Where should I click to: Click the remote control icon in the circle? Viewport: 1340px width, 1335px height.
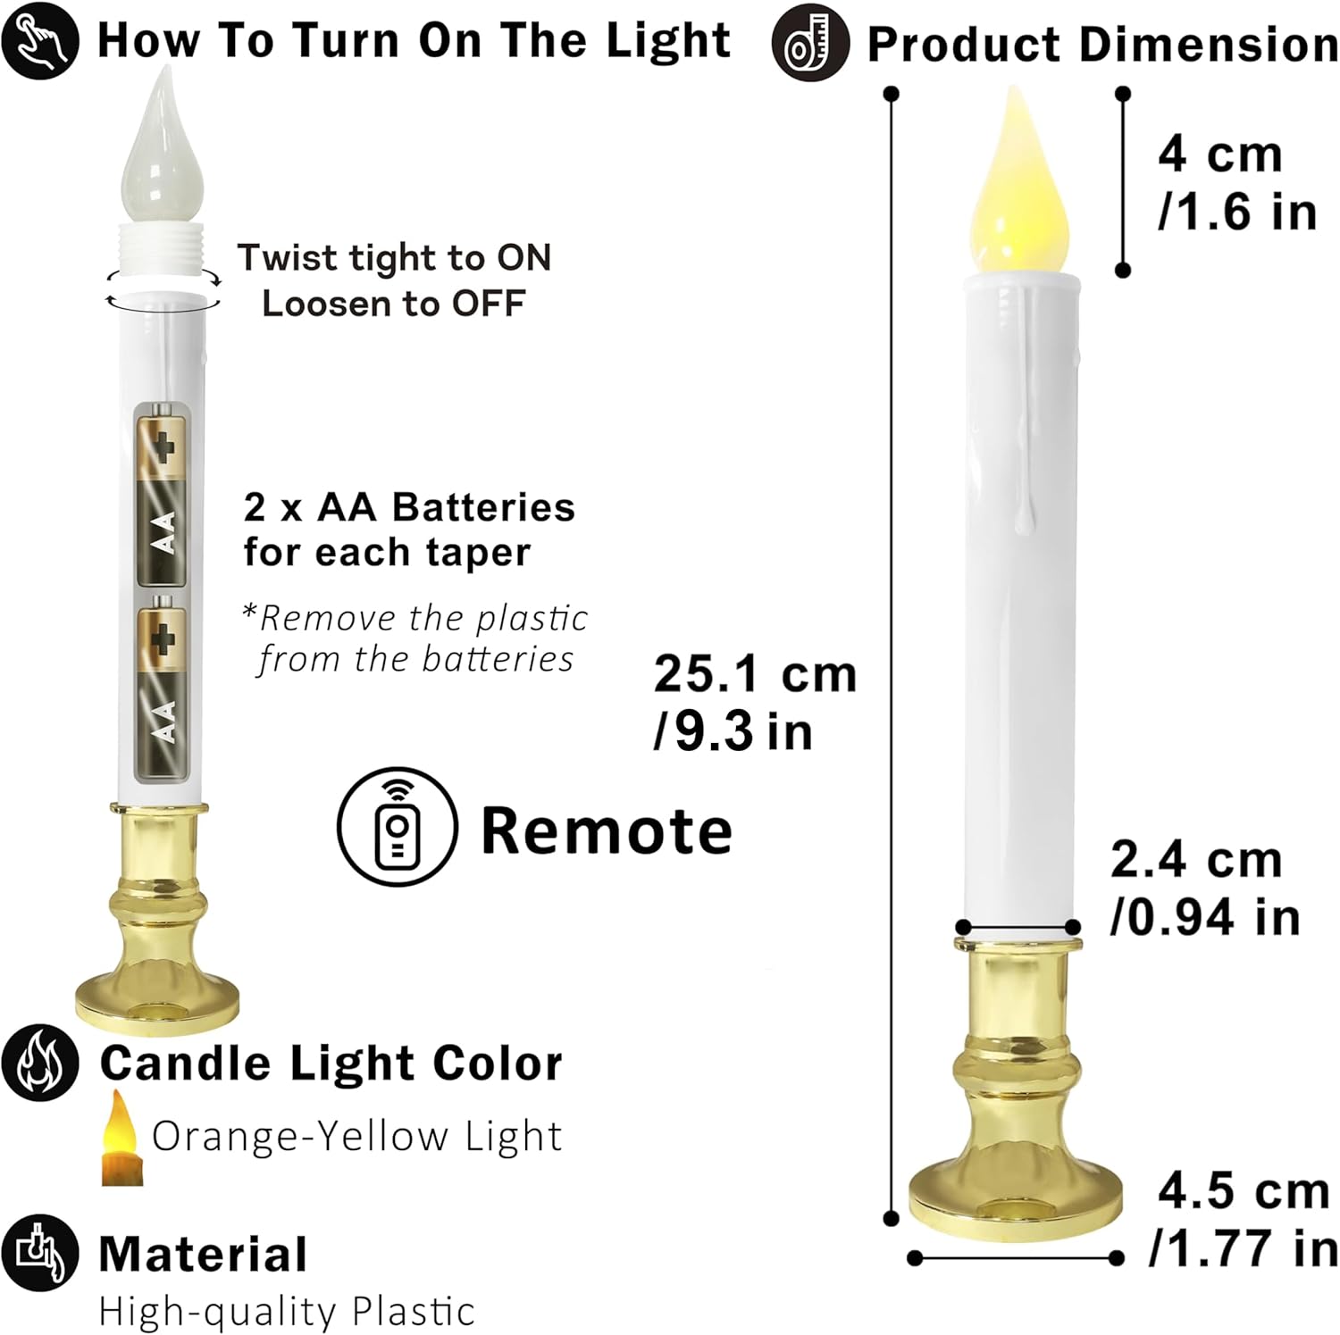click(x=398, y=827)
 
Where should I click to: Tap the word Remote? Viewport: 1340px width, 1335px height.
click(x=607, y=830)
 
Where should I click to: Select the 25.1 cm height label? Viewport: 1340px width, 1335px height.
click(x=755, y=702)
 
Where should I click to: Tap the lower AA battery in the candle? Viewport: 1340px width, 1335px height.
click(x=162, y=688)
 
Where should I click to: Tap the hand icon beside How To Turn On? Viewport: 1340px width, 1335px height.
click(x=41, y=41)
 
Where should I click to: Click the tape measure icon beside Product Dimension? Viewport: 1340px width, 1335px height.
click(x=810, y=43)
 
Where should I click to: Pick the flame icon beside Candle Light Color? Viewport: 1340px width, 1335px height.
click(x=41, y=1062)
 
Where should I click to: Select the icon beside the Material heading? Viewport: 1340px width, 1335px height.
click(x=41, y=1253)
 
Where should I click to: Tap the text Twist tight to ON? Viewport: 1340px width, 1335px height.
click(x=394, y=258)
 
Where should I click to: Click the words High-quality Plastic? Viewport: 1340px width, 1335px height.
click(x=286, y=1312)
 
